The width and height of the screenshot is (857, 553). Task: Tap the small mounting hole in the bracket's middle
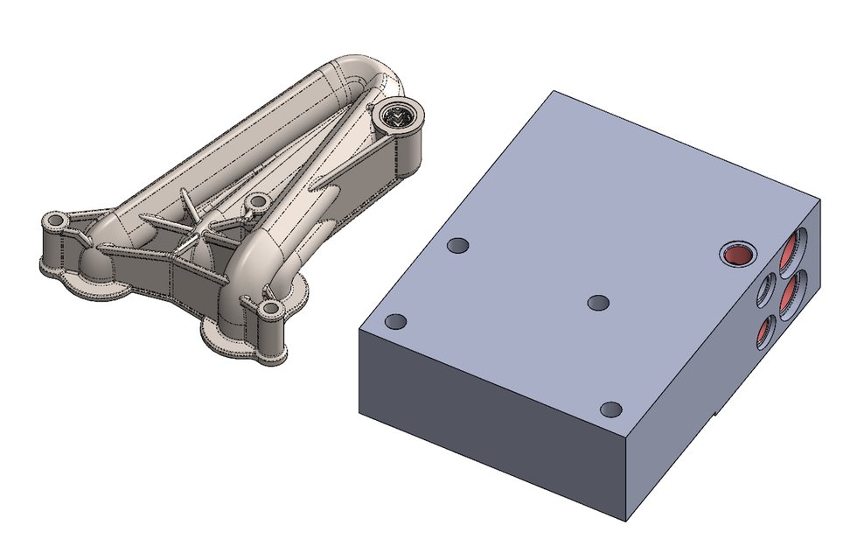[x=257, y=202]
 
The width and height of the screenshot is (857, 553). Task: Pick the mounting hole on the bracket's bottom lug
[x=270, y=308]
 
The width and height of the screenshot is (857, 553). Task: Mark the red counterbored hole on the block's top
[x=736, y=254]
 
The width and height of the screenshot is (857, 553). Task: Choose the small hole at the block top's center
[x=599, y=302]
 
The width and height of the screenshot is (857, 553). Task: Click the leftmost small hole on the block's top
[x=397, y=322]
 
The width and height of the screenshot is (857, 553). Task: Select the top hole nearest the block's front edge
[x=612, y=409]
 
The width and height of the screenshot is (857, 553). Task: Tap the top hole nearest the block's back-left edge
[x=457, y=246]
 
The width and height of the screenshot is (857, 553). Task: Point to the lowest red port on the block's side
[x=765, y=330]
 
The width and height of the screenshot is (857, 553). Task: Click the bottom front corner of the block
[x=629, y=522]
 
